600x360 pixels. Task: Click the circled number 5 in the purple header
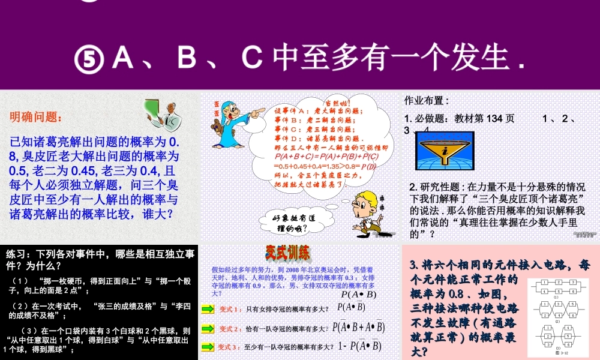(x=91, y=59)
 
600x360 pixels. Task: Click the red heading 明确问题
(x=35, y=117)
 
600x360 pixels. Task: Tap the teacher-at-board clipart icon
(x=165, y=116)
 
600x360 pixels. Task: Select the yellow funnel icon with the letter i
(x=444, y=154)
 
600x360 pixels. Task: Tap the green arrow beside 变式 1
(x=208, y=309)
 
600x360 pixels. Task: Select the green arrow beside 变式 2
(x=208, y=328)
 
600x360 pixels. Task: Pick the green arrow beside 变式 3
(x=208, y=347)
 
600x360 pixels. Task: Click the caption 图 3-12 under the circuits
(x=562, y=353)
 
